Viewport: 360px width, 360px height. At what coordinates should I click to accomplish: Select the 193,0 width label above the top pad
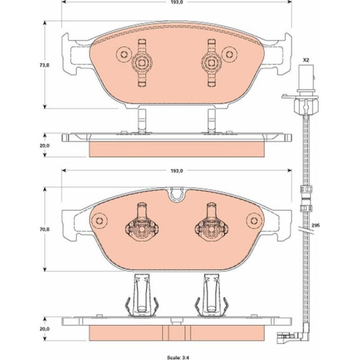pyautogui.click(x=177, y=2)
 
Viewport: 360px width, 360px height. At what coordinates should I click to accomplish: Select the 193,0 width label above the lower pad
pyautogui.click(x=177, y=171)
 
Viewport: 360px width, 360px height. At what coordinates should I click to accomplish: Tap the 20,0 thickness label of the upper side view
pyautogui.click(x=44, y=145)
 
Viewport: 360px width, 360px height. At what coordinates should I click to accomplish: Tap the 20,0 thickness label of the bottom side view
pyautogui.click(x=44, y=329)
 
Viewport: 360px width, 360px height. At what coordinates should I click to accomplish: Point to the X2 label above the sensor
pyautogui.click(x=306, y=60)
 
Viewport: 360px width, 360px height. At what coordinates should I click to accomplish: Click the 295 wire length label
pyautogui.click(x=316, y=225)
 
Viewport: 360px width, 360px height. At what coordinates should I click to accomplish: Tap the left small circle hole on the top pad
pyautogui.click(x=124, y=55)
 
